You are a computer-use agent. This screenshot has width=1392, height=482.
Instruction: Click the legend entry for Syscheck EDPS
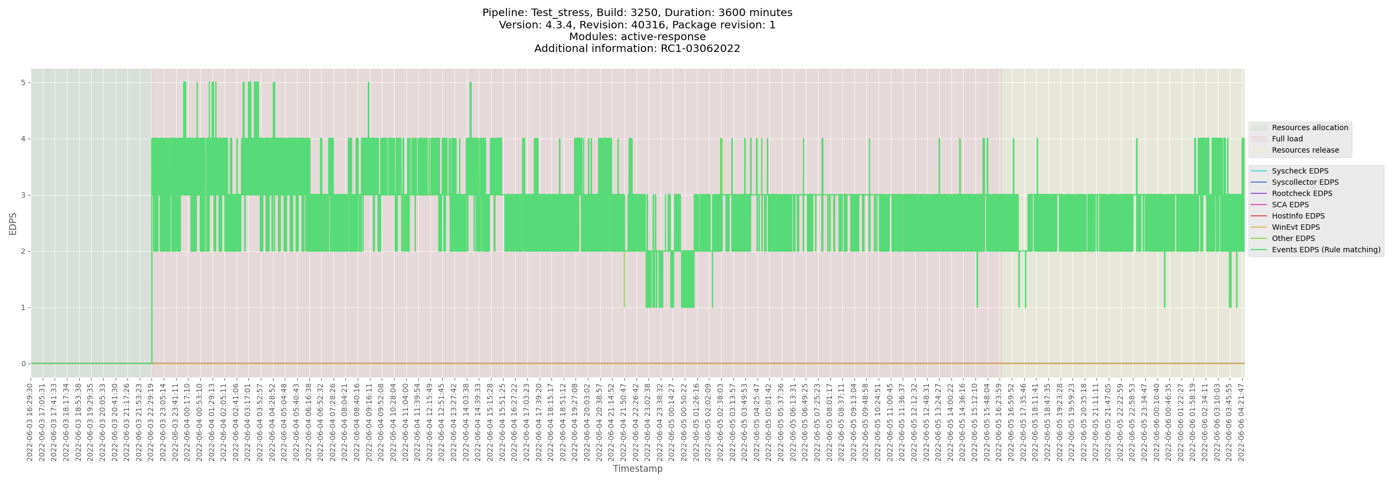point(1299,171)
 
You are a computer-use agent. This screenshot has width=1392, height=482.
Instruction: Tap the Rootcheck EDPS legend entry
point(1302,193)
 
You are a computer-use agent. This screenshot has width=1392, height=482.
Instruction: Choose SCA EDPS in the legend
point(1290,205)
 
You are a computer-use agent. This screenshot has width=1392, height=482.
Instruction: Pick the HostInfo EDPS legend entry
point(1298,216)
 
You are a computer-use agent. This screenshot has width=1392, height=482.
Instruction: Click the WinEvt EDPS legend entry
point(1295,228)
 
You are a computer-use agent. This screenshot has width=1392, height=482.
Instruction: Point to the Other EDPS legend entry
point(1293,238)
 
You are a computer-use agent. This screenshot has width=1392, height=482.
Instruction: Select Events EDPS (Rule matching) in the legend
point(1326,250)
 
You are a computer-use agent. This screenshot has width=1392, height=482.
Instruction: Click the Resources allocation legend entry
point(1310,127)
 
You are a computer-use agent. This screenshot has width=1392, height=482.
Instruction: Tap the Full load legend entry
point(1287,139)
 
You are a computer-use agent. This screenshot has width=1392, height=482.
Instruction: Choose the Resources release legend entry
point(1305,150)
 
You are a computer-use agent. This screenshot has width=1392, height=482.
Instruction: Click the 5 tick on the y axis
point(23,82)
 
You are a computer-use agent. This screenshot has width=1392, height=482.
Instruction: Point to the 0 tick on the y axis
point(23,364)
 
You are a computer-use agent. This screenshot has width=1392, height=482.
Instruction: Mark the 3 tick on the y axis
point(23,195)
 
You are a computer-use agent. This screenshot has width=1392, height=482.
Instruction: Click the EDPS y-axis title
point(13,223)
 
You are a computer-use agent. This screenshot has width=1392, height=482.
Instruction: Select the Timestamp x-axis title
point(637,469)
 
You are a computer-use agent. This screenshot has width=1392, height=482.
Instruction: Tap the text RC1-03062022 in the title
point(700,49)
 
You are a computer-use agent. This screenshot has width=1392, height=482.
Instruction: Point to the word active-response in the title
point(663,37)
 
